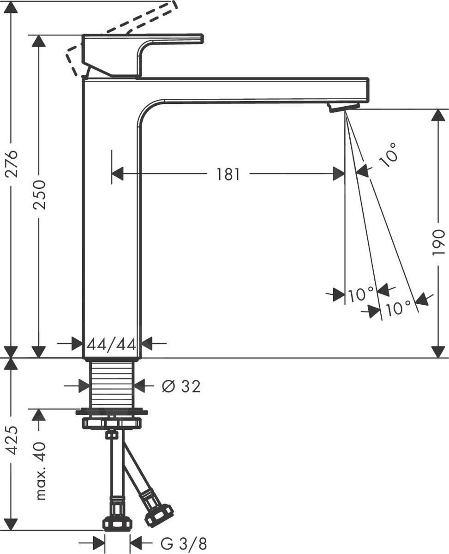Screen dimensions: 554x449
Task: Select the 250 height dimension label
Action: click(40, 194)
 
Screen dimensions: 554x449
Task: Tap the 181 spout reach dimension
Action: click(228, 175)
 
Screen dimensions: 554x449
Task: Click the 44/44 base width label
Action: click(112, 344)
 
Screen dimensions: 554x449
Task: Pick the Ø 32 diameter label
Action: click(181, 386)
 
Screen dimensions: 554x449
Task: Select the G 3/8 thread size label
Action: click(184, 543)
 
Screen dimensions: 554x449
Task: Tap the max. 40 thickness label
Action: click(41, 471)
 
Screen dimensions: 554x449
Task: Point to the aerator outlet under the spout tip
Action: click(343, 107)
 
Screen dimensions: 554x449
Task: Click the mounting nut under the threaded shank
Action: click(111, 422)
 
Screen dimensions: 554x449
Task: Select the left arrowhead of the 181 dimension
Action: click(118, 175)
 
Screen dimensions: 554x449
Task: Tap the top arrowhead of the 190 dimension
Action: click(438, 115)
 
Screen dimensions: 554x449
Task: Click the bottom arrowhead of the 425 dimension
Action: click(11, 524)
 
